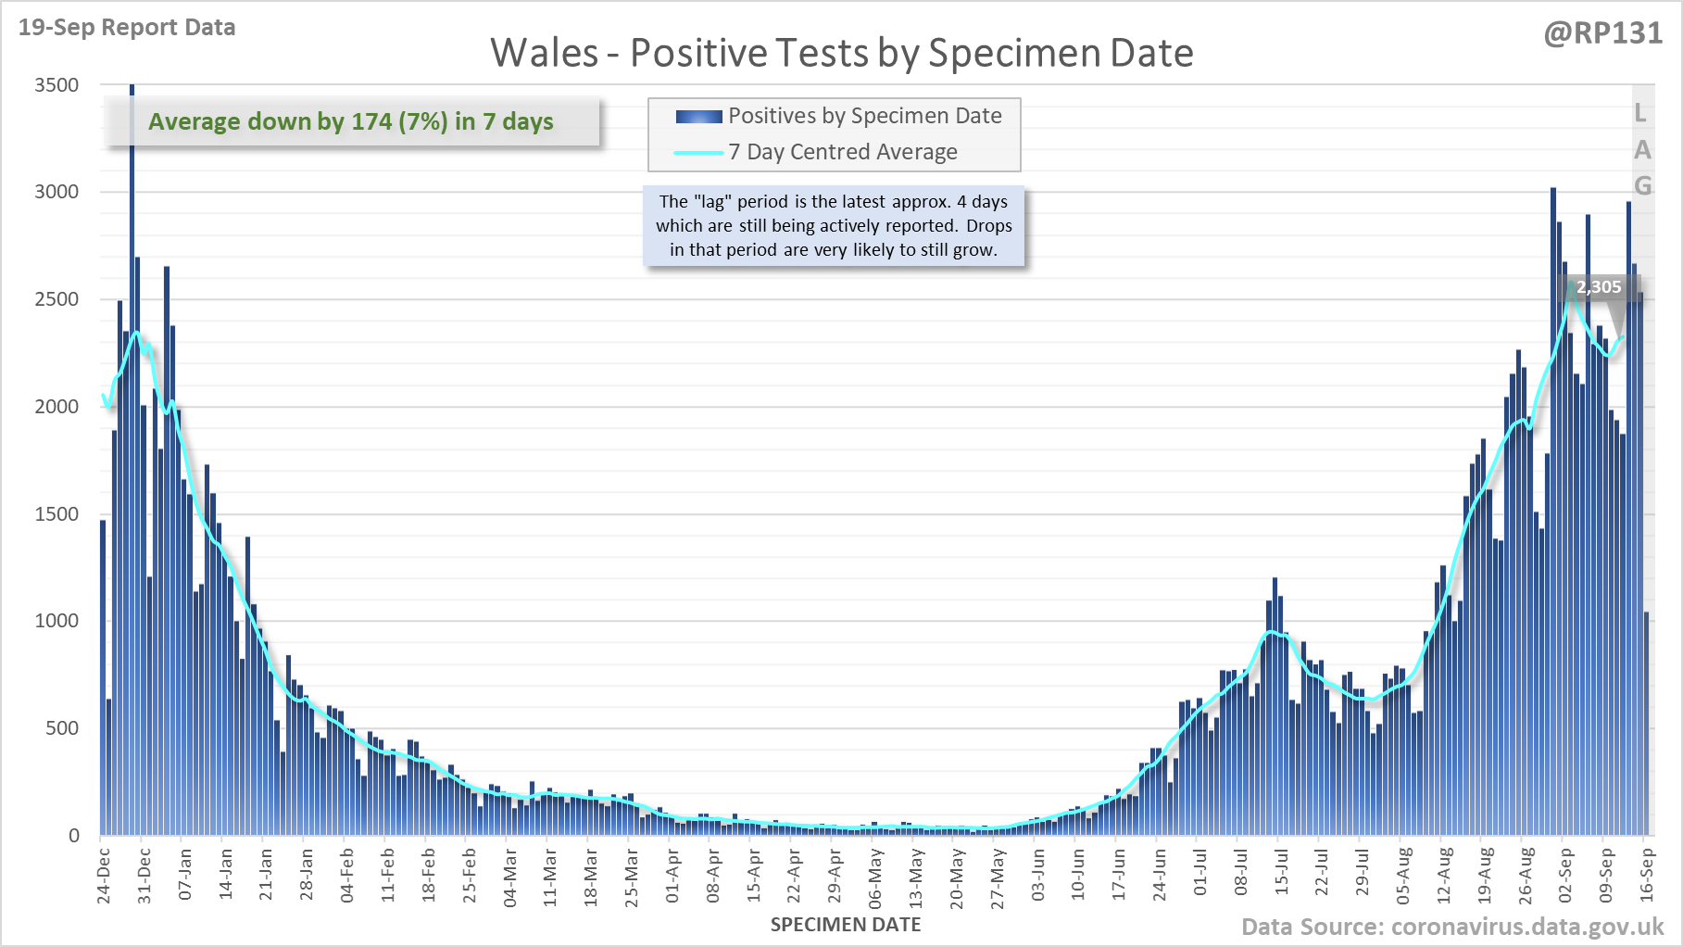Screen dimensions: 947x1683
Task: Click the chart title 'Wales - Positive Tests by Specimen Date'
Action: pos(841,53)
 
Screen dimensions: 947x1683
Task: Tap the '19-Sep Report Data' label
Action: pos(127,28)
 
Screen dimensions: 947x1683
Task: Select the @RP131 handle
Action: pos(1602,33)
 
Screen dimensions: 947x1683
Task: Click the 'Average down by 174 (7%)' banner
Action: pos(351,121)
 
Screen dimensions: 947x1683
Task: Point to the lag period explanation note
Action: pos(834,225)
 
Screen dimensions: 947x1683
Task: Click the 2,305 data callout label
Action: pos(1599,287)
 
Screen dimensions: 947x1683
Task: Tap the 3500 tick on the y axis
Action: pos(57,85)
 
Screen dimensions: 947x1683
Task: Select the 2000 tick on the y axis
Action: pos(57,407)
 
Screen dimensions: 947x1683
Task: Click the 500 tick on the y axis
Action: pos(62,728)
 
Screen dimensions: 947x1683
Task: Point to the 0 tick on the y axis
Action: pos(74,836)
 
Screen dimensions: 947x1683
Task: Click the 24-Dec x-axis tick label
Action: pos(103,875)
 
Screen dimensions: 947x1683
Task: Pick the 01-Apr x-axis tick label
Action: pos(672,875)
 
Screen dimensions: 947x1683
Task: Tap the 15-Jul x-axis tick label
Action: pos(1281,875)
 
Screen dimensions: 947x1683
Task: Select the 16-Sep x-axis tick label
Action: pos(1646,875)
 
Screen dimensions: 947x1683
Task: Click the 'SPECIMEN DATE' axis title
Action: pos(845,925)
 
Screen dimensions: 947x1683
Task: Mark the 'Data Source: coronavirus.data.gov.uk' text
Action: pos(1452,928)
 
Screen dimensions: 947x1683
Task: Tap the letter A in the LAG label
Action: pos(1642,150)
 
